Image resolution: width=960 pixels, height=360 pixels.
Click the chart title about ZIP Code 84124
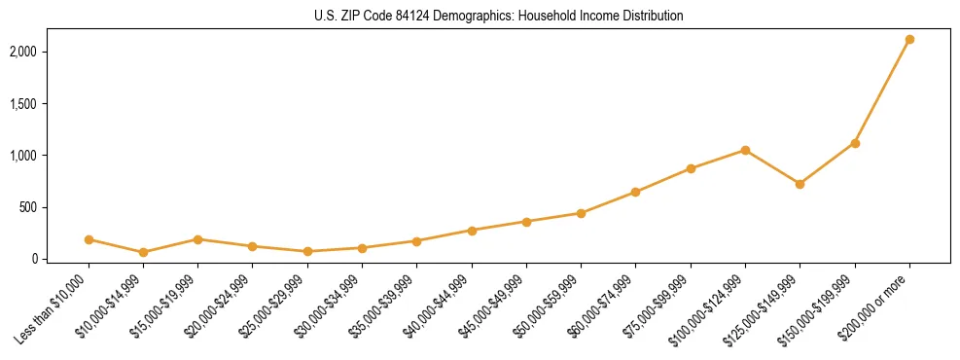tap(498, 16)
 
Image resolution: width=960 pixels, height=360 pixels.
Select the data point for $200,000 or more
tap(909, 40)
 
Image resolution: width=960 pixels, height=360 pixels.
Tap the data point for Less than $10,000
tap(89, 239)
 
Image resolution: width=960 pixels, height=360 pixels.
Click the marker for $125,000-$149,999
tap(800, 184)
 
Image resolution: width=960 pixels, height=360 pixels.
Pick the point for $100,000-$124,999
tap(745, 150)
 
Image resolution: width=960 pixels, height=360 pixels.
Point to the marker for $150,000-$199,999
tap(855, 143)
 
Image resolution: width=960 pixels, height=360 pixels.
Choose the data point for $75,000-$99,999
tap(691, 168)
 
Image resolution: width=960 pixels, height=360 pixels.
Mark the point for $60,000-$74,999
tap(635, 192)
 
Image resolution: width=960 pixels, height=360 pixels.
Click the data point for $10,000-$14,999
tap(143, 252)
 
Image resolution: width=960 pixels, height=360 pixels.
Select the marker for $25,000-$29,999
tap(307, 251)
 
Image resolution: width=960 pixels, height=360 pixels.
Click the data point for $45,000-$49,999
tap(526, 222)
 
